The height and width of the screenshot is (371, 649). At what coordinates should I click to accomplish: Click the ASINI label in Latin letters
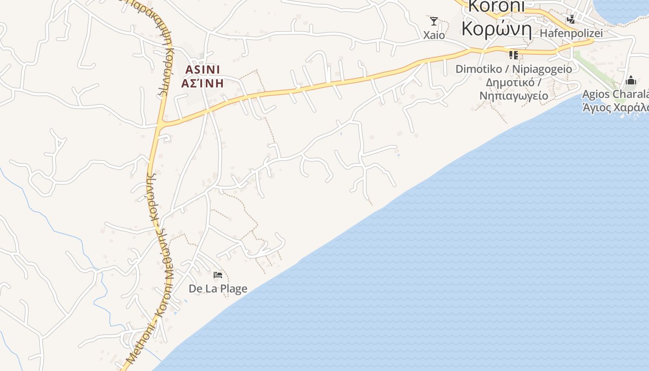click(x=203, y=69)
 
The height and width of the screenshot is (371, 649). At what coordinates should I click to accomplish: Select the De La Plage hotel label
click(x=218, y=288)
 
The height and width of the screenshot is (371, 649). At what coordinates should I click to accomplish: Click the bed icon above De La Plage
click(x=218, y=275)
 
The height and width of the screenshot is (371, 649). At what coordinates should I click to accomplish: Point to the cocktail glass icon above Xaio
click(x=434, y=21)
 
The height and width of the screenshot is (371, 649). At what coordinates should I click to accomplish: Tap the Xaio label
click(x=434, y=35)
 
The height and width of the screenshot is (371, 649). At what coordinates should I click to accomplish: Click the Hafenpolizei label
click(x=571, y=33)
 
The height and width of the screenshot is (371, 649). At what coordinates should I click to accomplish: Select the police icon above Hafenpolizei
click(x=571, y=19)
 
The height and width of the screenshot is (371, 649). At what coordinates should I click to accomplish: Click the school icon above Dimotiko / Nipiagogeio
click(x=513, y=55)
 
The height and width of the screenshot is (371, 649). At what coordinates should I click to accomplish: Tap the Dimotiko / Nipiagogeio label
click(x=514, y=69)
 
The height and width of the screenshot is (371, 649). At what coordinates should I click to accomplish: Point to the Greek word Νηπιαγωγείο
click(x=514, y=96)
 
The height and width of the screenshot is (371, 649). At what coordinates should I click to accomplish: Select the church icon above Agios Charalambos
click(x=630, y=81)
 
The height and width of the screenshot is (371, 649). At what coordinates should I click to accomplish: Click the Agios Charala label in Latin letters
click(x=615, y=94)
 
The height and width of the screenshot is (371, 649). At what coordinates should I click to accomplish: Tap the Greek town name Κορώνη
click(x=496, y=29)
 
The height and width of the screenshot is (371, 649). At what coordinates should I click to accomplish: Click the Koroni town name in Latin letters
click(x=496, y=6)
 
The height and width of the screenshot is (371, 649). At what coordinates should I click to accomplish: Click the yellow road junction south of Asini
click(x=160, y=125)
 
